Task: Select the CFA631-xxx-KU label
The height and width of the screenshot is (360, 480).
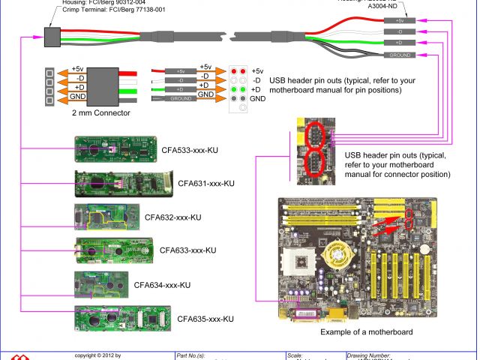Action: point(206,183)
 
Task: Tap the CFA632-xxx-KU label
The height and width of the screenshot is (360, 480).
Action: point(173,217)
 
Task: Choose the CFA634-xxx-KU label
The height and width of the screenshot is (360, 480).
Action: point(162,285)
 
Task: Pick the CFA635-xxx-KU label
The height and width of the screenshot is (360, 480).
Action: point(205,319)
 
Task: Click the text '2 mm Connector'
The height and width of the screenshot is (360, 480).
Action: point(101,113)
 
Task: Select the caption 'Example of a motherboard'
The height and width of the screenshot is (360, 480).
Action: point(366,331)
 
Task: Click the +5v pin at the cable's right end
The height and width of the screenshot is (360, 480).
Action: point(397,20)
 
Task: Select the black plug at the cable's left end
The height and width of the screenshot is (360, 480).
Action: point(52,35)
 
